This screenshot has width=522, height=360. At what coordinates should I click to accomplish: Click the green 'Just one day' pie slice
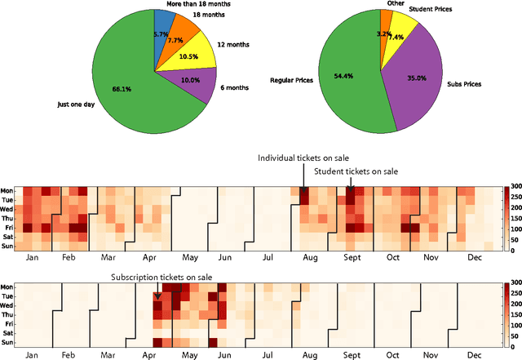(122, 90)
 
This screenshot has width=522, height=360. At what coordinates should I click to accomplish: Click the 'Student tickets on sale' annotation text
(356, 171)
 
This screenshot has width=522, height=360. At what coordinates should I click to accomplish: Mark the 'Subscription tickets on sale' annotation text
(161, 278)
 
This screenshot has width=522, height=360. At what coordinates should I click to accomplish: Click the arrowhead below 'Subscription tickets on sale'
(157, 296)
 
